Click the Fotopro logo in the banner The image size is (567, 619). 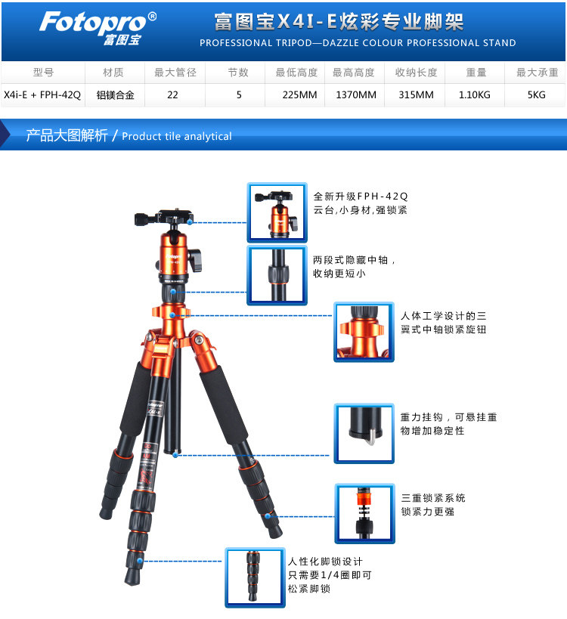tap(98, 27)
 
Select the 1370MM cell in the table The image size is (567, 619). tap(356, 94)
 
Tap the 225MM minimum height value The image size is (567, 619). tap(299, 94)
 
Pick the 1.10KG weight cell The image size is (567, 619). tap(474, 94)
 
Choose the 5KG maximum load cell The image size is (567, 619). tap(536, 94)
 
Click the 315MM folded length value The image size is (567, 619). tap(416, 94)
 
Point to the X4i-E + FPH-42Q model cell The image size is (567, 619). tap(42, 94)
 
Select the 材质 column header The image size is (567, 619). tap(113, 73)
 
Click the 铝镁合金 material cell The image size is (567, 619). tap(116, 94)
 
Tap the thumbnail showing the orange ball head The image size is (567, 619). tap(277, 212)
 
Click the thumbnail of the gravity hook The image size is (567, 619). tap(364, 433)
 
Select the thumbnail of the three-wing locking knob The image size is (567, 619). tap(364, 332)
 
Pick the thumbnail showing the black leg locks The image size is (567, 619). tap(255, 577)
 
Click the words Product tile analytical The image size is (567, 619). tap(177, 136)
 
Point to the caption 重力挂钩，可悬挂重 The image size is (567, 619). tap(448, 417)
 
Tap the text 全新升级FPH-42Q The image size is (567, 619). tap(361, 197)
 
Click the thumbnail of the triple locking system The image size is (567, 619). tap(364, 514)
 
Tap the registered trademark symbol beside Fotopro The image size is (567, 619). tap(152, 17)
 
